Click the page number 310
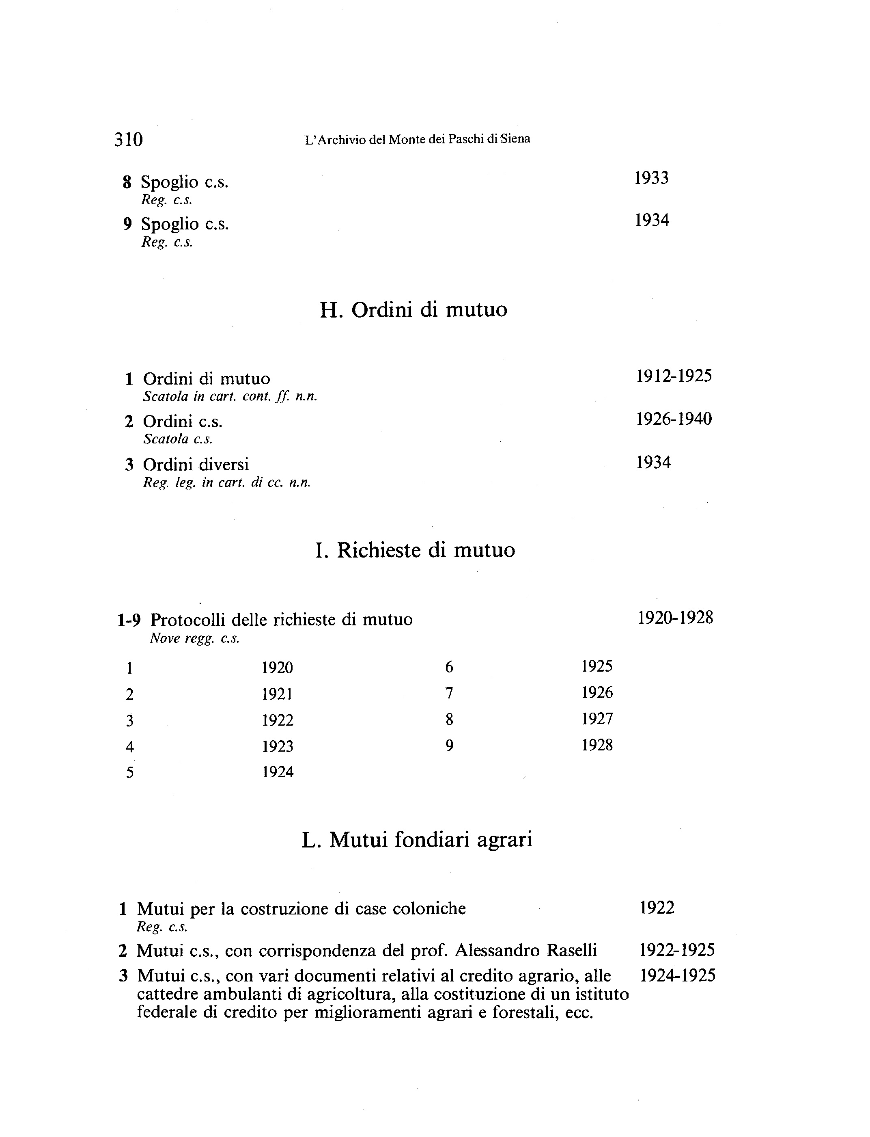(x=128, y=139)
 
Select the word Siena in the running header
(x=515, y=139)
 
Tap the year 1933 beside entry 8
(x=651, y=178)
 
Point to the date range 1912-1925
(x=674, y=376)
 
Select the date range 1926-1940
(x=674, y=419)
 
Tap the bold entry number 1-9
(x=129, y=620)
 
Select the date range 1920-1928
(x=675, y=618)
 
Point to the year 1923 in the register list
(x=278, y=746)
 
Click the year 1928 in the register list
(x=597, y=745)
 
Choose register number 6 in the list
(x=449, y=667)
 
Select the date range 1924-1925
(x=677, y=976)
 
